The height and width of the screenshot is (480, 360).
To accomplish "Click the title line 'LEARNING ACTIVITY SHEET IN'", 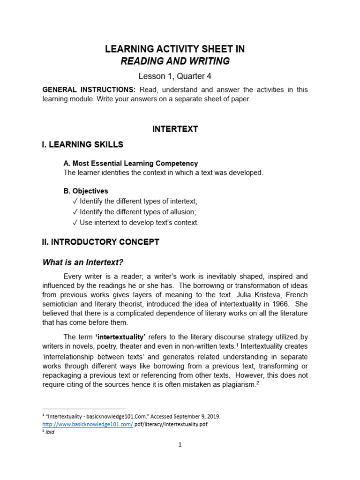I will pyautogui.click(x=175, y=49).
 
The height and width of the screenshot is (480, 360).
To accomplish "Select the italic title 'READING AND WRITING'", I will pyautogui.click(x=175, y=61).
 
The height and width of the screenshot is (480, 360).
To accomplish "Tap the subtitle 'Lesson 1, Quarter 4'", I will pyautogui.click(x=175, y=76).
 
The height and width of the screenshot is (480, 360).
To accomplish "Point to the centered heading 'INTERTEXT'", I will pyautogui.click(x=175, y=129).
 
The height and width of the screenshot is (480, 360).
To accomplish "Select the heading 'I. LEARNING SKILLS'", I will pyautogui.click(x=82, y=144).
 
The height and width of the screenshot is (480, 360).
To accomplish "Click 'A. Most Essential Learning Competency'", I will pyautogui.click(x=130, y=163).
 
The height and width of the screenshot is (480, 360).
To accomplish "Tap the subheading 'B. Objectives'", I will pyautogui.click(x=85, y=191).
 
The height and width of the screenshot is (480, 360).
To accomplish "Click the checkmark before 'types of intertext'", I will pyautogui.click(x=75, y=201).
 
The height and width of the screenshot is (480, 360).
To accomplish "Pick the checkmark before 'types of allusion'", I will pyautogui.click(x=75, y=212).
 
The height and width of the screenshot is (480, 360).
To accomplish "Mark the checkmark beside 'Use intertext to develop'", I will pyautogui.click(x=75, y=223).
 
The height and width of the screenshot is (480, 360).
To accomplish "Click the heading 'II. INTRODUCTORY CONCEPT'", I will pyautogui.click(x=101, y=242).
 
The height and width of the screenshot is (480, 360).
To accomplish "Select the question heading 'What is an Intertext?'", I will pyautogui.click(x=83, y=262).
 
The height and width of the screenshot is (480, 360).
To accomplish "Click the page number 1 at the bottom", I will pyautogui.click(x=180, y=445).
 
